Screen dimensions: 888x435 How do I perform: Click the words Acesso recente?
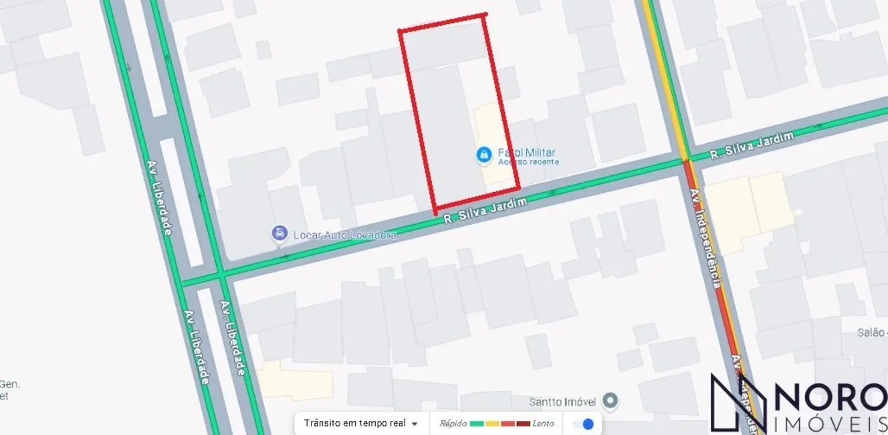528,162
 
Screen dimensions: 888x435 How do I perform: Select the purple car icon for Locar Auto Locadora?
279,234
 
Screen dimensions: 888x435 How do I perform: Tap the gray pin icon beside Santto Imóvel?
609,401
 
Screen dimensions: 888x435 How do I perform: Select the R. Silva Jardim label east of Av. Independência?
752,145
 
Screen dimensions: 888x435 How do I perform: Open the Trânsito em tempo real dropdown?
361,423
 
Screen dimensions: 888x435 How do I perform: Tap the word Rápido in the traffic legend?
453,424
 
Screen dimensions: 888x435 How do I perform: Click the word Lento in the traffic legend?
543,424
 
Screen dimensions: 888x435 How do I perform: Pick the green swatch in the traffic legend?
477,424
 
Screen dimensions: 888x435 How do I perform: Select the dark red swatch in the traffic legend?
523,424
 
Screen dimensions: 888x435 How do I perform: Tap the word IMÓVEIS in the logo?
830,424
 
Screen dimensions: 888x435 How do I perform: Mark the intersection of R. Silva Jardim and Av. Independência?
685,160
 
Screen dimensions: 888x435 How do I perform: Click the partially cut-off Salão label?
872,333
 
